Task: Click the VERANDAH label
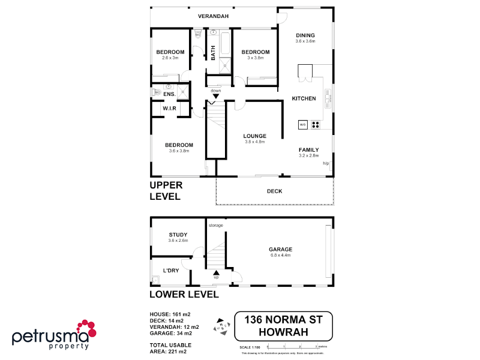(213, 16)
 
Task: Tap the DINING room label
(305, 35)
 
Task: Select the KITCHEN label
(304, 98)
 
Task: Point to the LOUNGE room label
(255, 136)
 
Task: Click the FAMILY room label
(308, 149)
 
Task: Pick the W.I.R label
(169, 108)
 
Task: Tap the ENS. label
(169, 94)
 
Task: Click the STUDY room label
(178, 235)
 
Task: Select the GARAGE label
(280, 249)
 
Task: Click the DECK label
(274, 191)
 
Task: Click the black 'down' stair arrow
(215, 96)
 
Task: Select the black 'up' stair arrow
(216, 272)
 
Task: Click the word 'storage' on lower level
(216, 225)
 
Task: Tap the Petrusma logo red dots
(85, 328)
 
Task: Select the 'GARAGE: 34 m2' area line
(171, 333)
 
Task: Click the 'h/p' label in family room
(326, 163)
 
